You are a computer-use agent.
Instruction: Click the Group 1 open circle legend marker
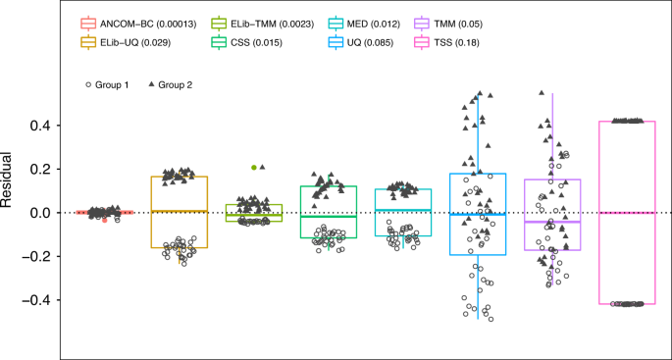coord(88,85)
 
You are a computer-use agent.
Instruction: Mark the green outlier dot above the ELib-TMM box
coord(254,168)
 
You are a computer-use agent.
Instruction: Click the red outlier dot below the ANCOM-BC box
coord(104,220)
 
